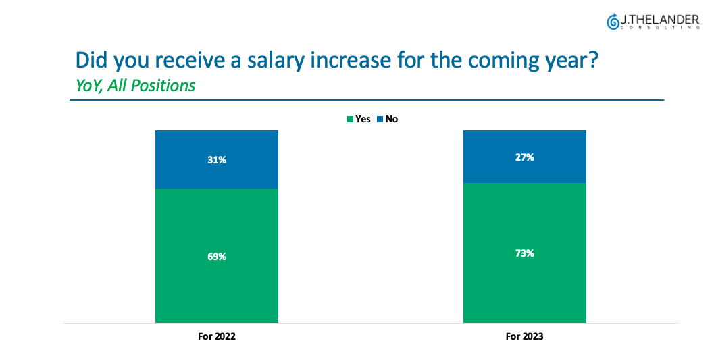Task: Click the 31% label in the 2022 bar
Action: [x=216, y=160]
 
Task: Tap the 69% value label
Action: [x=216, y=257]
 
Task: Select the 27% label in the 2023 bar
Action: [x=524, y=157]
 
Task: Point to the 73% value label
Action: [x=524, y=253]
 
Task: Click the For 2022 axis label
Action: [x=216, y=336]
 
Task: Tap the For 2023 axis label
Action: [x=524, y=336]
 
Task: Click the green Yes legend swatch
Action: [x=350, y=120]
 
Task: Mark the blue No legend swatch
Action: [x=380, y=120]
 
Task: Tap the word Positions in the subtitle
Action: [x=163, y=86]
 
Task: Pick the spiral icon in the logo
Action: [x=613, y=22]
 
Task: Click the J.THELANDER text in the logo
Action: [x=660, y=20]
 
